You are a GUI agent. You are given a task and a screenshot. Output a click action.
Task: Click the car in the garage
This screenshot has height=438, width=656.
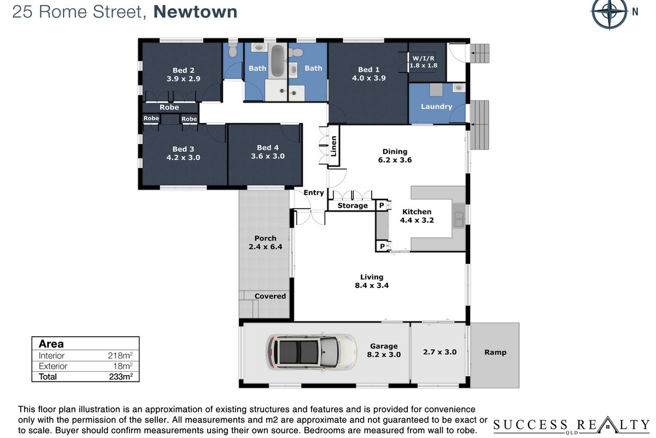point(312,352)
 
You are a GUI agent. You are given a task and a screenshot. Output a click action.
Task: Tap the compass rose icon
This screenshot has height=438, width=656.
point(610,13)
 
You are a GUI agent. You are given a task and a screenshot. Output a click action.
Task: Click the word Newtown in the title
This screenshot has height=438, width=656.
point(195,11)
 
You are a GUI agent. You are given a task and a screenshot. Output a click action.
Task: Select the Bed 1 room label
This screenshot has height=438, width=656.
point(368,70)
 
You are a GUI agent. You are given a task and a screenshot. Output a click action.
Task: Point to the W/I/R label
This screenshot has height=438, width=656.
point(423,58)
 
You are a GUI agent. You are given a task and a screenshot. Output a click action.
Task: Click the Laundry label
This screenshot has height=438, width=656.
point(436,106)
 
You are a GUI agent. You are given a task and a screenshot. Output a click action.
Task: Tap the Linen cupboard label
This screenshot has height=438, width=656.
point(333,146)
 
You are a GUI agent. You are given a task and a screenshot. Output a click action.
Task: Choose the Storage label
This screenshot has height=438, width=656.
point(353,205)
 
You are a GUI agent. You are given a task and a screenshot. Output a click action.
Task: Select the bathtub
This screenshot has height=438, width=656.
point(277,61)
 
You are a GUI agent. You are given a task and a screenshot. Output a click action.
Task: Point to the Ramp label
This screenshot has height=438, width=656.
point(495,352)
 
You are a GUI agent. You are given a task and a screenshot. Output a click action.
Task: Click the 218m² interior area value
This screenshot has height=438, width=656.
point(120,355)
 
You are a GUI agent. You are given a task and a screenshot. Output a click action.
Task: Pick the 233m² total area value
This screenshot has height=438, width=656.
point(121,376)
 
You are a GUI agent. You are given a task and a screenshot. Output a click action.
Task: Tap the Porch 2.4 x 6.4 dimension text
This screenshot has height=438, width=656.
point(265,246)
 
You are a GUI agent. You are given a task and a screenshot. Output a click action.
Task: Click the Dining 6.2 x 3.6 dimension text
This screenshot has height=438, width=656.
point(395,160)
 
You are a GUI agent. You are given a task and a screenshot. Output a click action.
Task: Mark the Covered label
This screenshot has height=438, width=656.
point(270,296)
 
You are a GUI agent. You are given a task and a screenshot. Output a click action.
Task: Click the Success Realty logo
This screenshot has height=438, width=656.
point(571,425)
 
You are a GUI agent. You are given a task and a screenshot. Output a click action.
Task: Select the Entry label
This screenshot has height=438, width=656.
point(314,193)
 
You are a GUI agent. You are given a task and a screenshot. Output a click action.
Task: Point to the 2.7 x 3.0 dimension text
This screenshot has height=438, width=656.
point(440,351)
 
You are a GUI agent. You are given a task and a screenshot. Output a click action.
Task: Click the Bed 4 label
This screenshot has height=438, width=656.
point(268,148)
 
